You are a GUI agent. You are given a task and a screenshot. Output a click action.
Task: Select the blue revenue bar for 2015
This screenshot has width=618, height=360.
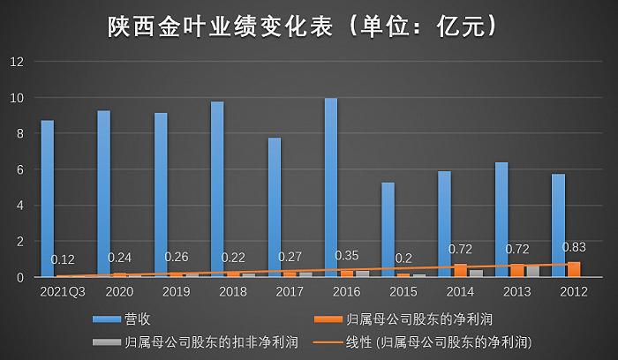(388, 229)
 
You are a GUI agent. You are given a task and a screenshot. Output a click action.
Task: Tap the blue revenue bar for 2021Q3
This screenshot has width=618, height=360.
(48, 199)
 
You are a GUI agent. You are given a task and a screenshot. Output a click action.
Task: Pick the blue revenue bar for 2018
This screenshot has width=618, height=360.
(217, 189)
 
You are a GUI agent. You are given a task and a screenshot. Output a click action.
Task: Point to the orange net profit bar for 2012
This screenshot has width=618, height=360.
(574, 269)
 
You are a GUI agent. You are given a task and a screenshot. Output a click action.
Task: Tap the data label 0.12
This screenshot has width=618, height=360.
(64, 259)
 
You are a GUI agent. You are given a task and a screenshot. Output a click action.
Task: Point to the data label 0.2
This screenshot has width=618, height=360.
(403, 259)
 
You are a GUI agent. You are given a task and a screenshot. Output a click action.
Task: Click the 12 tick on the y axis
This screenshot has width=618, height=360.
(17, 62)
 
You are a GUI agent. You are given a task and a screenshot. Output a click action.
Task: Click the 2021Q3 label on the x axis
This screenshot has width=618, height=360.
(63, 290)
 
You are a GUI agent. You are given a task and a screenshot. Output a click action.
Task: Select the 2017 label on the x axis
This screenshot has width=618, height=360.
(290, 290)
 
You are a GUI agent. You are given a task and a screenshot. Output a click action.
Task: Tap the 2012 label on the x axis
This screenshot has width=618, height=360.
(573, 290)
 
